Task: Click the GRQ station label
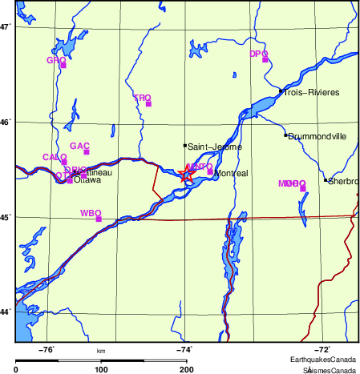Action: [x=55, y=60]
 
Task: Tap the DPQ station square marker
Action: [x=265, y=59]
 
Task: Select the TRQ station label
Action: [x=141, y=98]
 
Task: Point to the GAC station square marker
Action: [x=86, y=152]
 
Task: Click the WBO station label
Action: [x=90, y=213]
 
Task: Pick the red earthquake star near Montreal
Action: [x=188, y=174]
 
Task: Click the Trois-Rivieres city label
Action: [x=313, y=93]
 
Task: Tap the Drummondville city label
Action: [x=318, y=136]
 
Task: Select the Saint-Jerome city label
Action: [x=213, y=147]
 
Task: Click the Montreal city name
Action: [x=232, y=173]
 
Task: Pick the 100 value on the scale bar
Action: [x=101, y=368]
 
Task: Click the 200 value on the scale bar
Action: [x=186, y=368]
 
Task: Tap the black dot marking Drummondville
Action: [x=285, y=135]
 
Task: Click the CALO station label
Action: [x=54, y=157]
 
